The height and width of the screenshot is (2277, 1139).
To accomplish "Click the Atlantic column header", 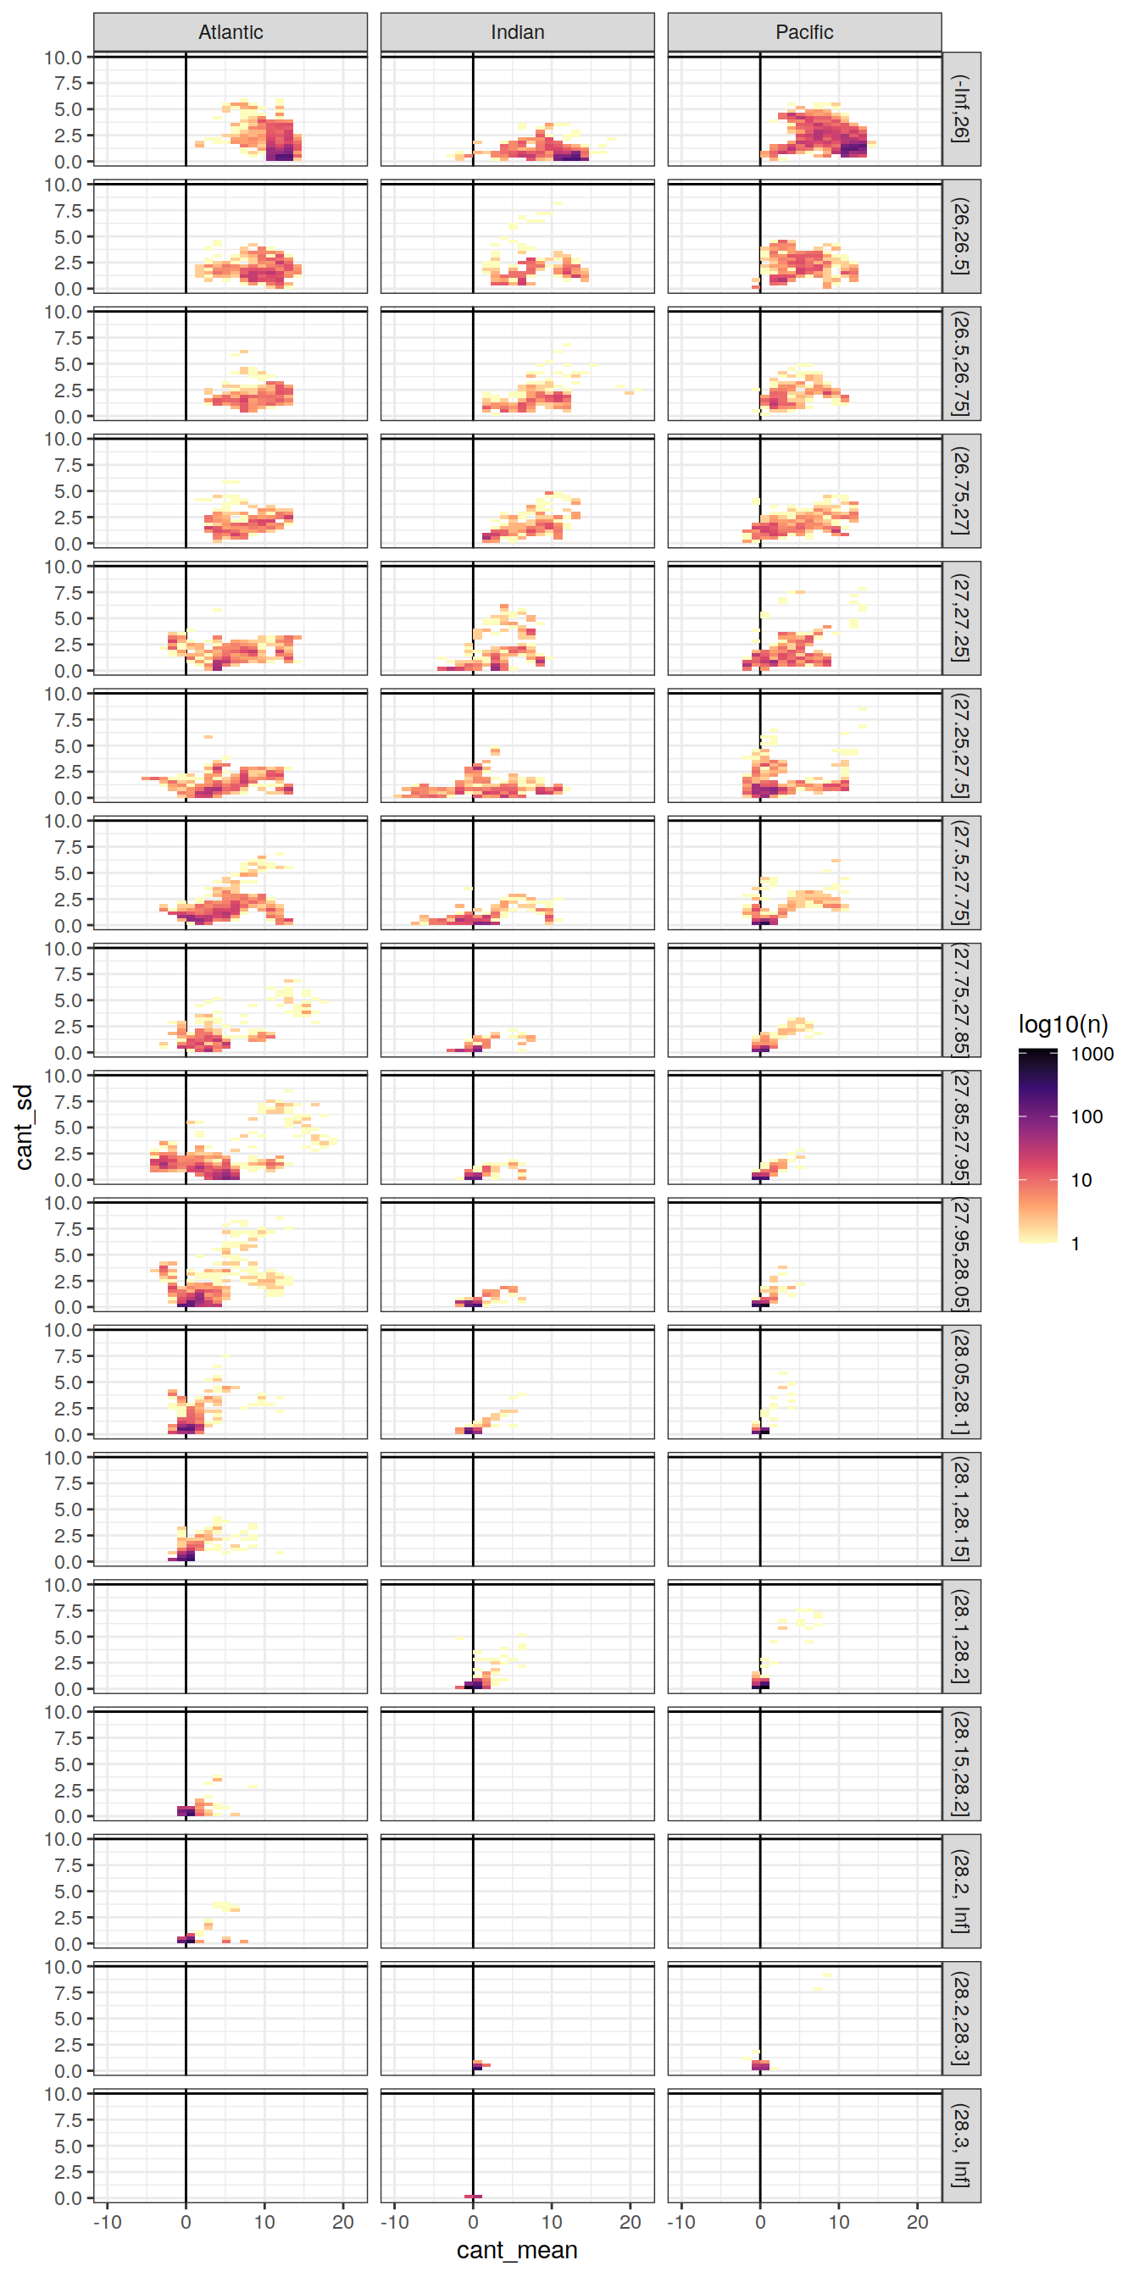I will (x=230, y=33).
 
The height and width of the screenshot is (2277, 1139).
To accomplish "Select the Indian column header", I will (x=517, y=33).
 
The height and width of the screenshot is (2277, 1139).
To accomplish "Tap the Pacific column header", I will (x=804, y=33).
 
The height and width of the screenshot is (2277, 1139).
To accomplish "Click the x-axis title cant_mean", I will (x=516, y=2250).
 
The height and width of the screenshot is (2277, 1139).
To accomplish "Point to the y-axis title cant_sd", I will (x=24, y=1127).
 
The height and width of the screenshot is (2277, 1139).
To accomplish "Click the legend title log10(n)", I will (x=1063, y=1024).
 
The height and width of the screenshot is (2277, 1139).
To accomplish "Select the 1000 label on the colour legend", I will (x=1092, y=1054).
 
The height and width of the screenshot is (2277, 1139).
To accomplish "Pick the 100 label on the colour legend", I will (x=1086, y=1116).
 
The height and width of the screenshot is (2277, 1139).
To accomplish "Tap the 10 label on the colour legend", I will (x=1081, y=1180).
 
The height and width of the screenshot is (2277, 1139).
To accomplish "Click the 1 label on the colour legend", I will (x=1075, y=1244).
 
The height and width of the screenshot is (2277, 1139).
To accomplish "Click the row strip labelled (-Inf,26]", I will (x=961, y=108).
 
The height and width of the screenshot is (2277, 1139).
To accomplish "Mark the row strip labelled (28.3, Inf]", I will (x=961, y=2146).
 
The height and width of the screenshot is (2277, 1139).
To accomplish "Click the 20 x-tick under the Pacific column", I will (x=917, y=2221).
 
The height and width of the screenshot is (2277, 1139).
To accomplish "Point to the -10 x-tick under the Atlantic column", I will (x=107, y=2221).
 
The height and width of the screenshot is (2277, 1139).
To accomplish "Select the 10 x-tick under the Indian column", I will (x=551, y=2221).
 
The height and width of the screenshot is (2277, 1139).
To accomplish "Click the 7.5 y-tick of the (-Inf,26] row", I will (x=68, y=83).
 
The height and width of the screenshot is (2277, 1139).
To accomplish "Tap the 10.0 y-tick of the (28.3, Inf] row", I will (x=63, y=2094).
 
